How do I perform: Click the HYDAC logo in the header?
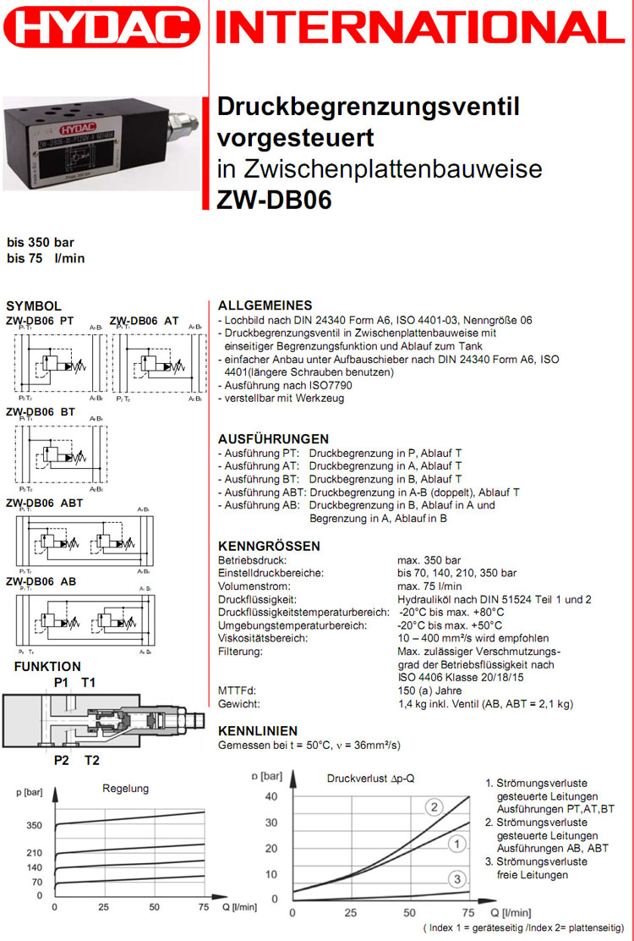102,32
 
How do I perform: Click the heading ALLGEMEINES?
265,305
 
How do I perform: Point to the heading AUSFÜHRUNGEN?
273,439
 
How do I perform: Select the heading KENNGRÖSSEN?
269,546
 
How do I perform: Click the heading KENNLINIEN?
258,730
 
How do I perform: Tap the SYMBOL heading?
33,305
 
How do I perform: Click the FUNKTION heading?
47,667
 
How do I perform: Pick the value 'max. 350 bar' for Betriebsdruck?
429,560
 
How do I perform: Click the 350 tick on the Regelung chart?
34,825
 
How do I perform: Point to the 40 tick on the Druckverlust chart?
271,796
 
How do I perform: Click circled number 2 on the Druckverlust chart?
435,806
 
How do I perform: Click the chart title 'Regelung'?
125,788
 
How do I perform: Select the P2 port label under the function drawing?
61,760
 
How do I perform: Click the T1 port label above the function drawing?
89,682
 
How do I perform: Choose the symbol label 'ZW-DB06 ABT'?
45,503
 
